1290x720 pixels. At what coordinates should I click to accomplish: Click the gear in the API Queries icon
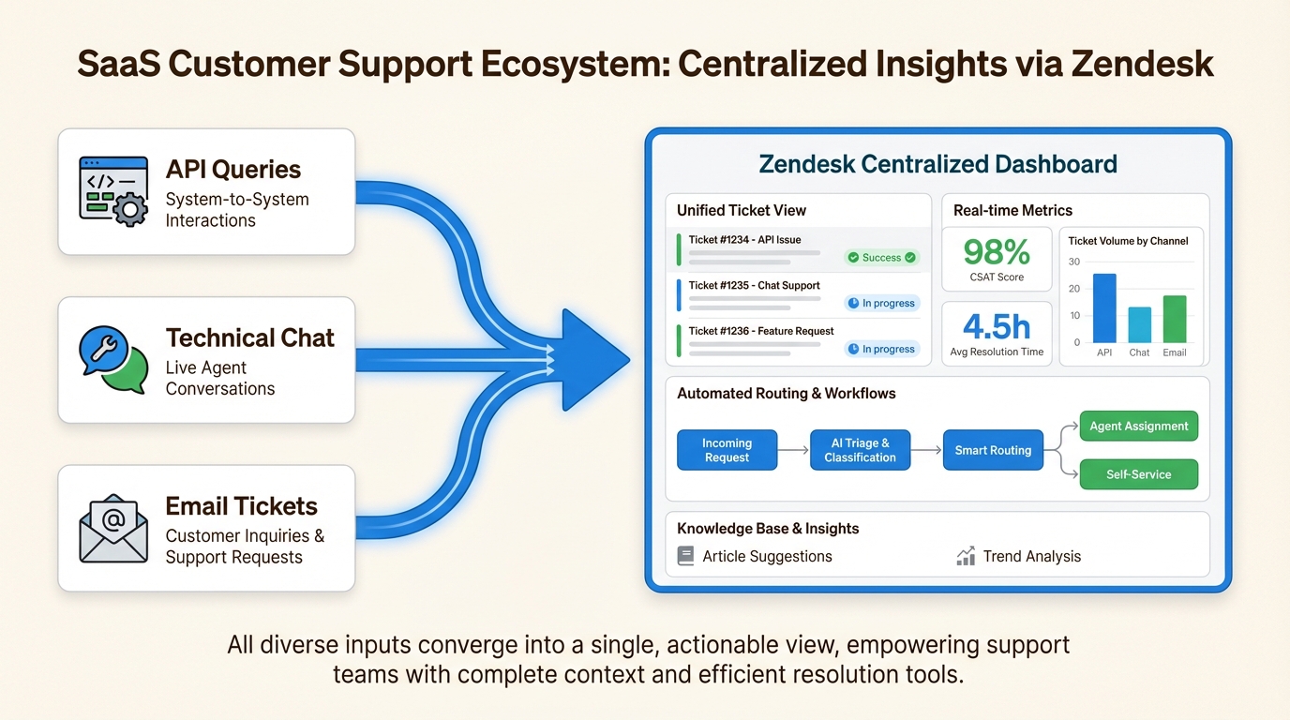[x=130, y=209]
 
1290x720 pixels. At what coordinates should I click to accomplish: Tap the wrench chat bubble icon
[x=104, y=350]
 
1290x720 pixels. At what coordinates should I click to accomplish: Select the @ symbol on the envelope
[x=113, y=520]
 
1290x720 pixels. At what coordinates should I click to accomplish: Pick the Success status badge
[x=881, y=258]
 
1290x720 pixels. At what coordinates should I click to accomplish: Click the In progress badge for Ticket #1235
[x=881, y=303]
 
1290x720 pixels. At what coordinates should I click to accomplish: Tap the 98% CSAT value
[x=997, y=251]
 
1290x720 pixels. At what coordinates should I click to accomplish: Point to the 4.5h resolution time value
[x=997, y=326]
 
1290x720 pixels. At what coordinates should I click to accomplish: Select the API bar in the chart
[x=1104, y=308]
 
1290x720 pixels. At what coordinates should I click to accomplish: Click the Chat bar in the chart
[x=1140, y=325]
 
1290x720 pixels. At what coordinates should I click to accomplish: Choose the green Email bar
[x=1175, y=319]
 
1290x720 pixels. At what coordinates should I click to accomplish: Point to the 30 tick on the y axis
[x=1074, y=262]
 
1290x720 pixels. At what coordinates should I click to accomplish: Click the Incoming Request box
[x=727, y=450]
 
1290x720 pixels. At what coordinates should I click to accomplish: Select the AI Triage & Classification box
[x=860, y=450]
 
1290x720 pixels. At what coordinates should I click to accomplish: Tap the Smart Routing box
[x=993, y=450]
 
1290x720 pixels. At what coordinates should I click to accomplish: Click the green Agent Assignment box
[x=1138, y=426]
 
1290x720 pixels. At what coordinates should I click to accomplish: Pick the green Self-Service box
[x=1138, y=474]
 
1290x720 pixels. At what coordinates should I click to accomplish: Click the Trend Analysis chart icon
[x=966, y=556]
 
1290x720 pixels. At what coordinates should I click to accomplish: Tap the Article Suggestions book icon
[x=685, y=556]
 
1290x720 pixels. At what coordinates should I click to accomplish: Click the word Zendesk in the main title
[x=1142, y=64]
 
